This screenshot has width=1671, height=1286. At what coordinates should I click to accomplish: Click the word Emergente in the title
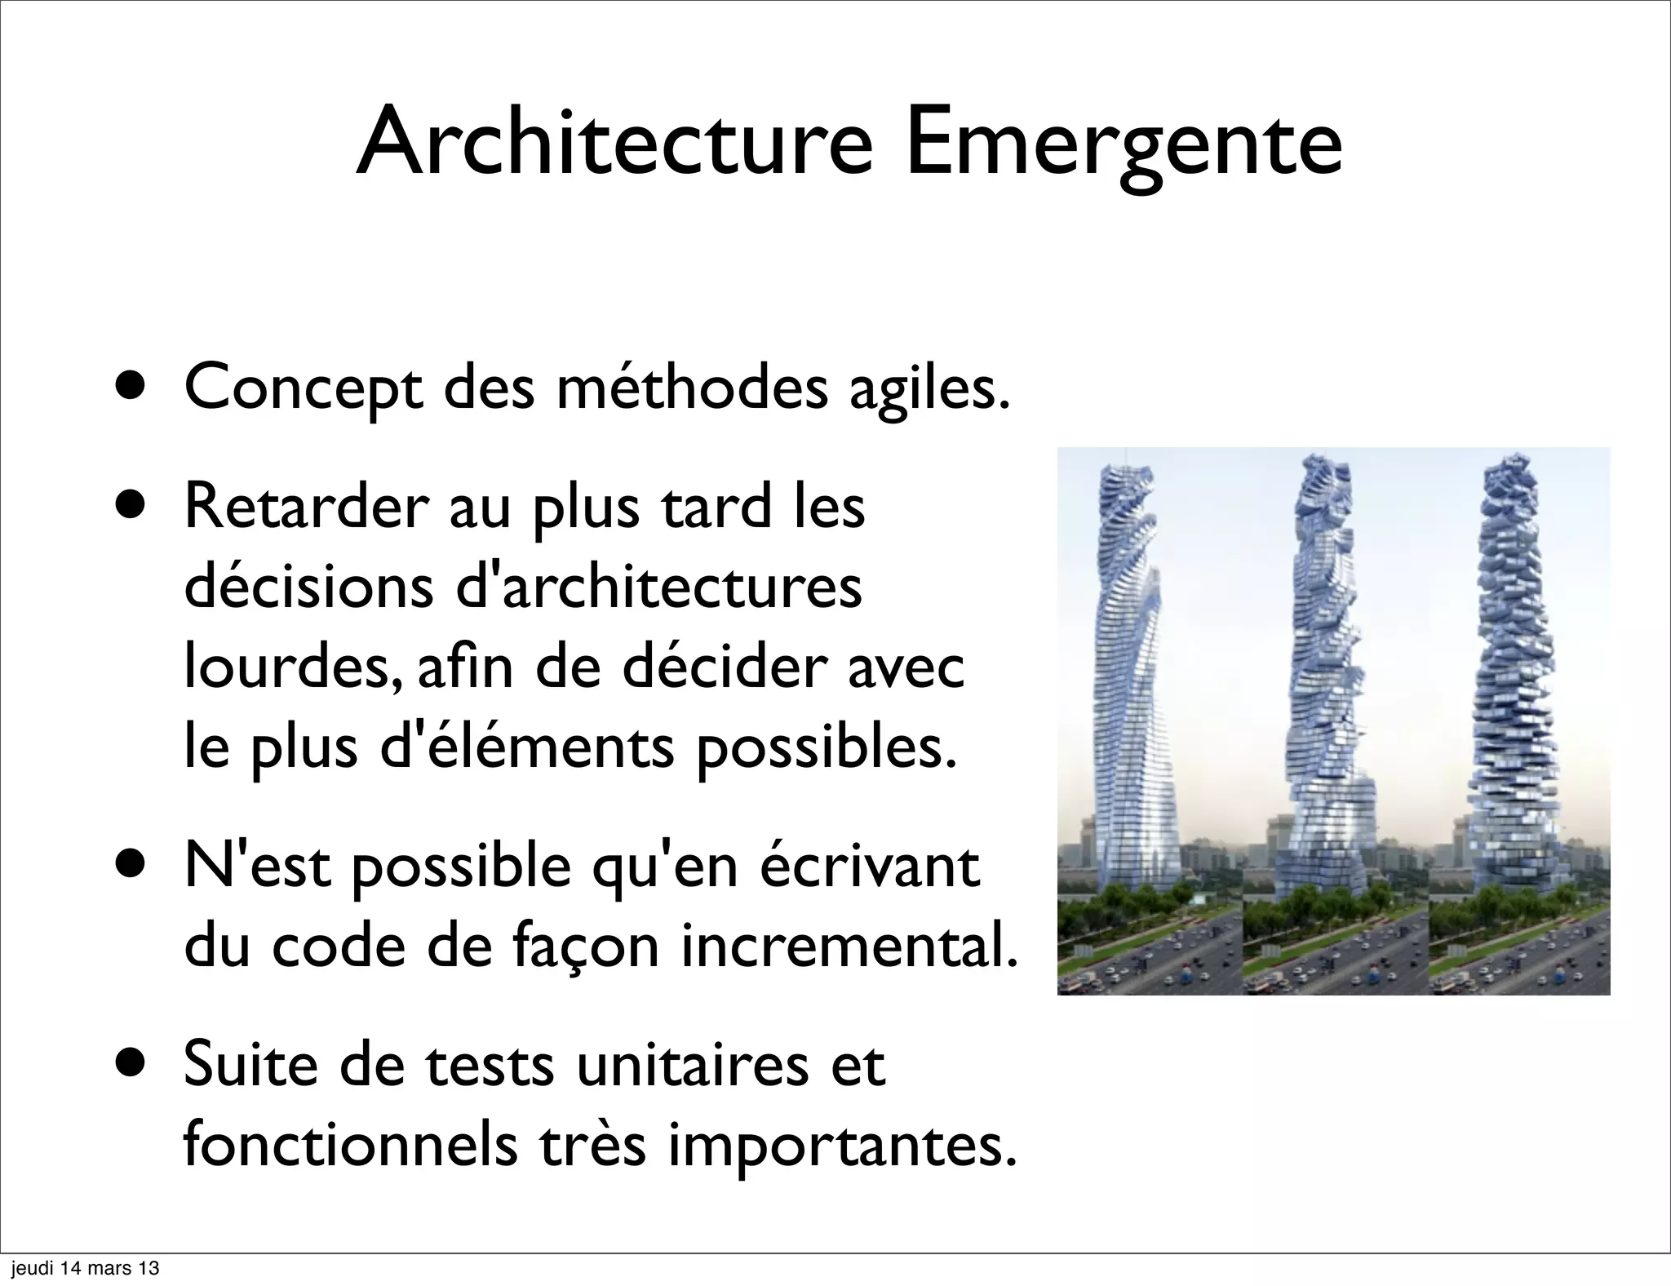(1123, 143)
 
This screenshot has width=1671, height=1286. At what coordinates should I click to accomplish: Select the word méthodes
(691, 388)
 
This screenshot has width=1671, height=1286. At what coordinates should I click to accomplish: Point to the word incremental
(849, 947)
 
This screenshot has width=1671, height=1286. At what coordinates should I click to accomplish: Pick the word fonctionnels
(350, 1146)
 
